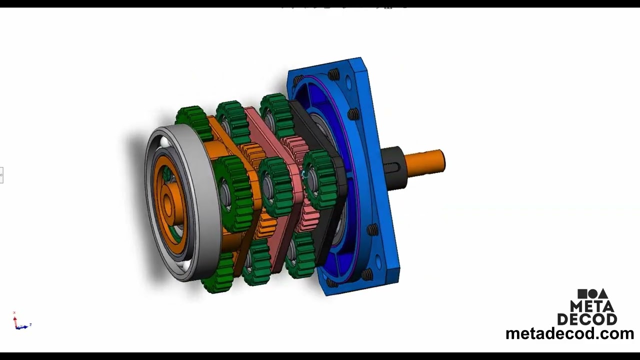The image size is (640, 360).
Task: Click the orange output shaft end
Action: click(x=427, y=163)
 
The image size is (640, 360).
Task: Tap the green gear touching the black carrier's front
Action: click(x=320, y=180)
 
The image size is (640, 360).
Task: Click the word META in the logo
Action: click(x=592, y=306)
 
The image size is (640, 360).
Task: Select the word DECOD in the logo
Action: click(x=587, y=319)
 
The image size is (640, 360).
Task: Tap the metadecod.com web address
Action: click(x=569, y=333)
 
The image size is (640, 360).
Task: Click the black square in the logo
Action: click(x=582, y=294)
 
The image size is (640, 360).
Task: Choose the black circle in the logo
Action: click(x=592, y=294)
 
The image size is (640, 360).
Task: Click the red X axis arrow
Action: click(x=14, y=315)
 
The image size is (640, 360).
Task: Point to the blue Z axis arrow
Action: click(x=27, y=325)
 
